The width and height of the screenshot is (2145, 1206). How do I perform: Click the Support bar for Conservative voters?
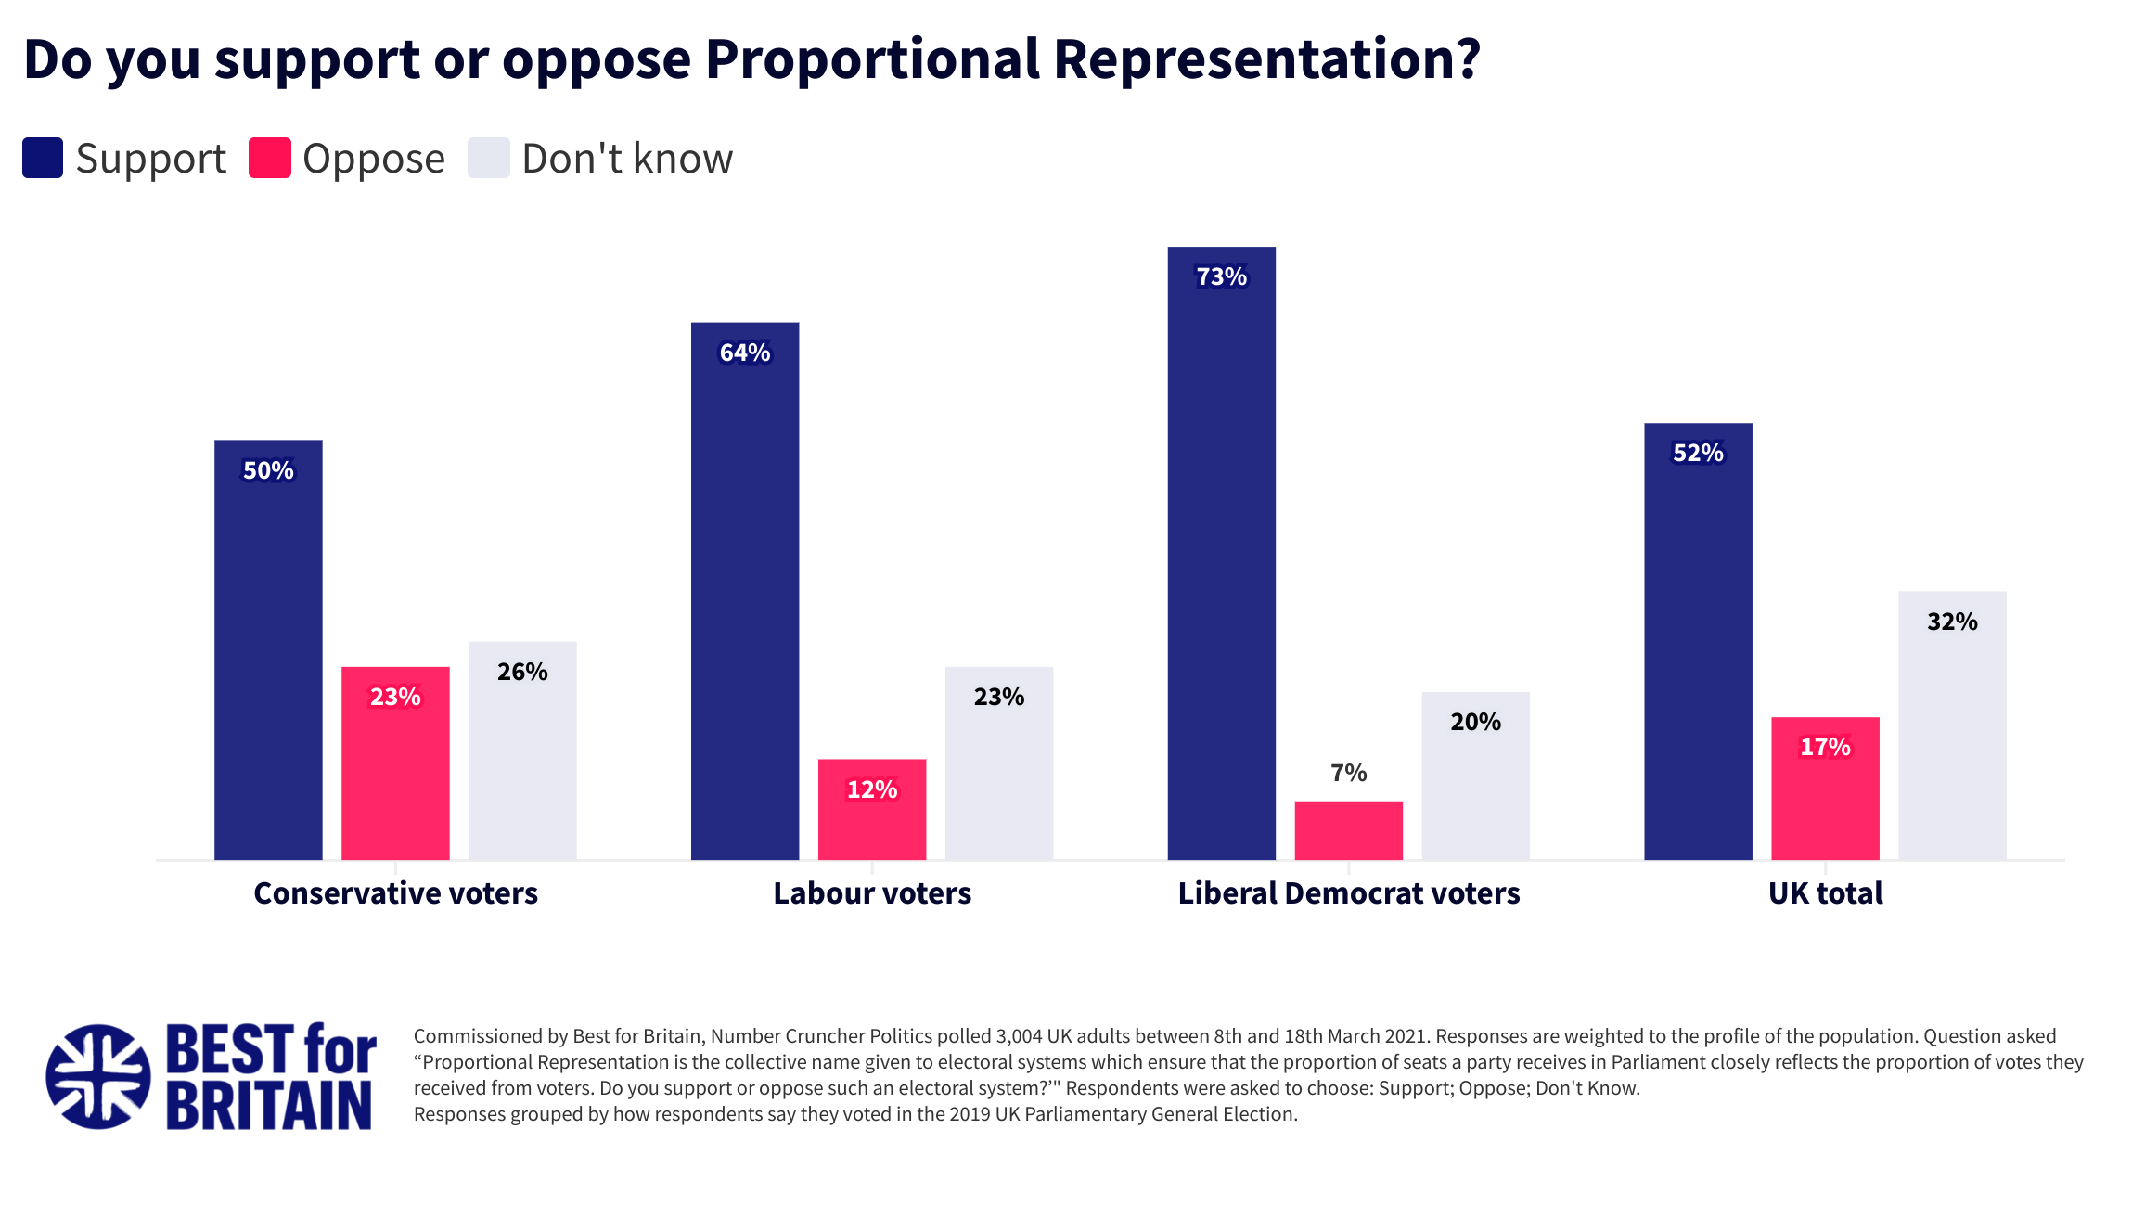coord(268,649)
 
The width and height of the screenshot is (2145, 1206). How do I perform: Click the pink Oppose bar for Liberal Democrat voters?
coord(1348,830)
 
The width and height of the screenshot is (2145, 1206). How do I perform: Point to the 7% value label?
coord(1348,773)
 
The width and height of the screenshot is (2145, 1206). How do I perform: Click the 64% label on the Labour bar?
coord(745,353)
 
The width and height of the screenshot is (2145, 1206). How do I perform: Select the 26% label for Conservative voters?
coord(522,672)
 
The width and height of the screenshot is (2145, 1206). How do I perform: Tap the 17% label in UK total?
coord(1825,747)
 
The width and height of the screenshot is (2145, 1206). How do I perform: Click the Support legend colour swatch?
coord(43,158)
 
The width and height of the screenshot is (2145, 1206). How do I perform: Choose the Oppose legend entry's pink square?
coord(270,158)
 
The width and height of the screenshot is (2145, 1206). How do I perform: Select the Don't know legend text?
coord(627,159)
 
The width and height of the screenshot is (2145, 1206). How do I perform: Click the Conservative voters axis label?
coord(395,892)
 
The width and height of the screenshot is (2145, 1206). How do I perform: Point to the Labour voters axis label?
coord(872,892)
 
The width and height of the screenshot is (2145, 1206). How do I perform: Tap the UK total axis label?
coord(1825,892)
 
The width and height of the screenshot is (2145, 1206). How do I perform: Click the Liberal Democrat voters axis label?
coord(1348,892)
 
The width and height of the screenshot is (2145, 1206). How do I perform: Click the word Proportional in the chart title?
coord(872,59)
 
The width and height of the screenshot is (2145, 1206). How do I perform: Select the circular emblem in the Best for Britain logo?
coord(98,1076)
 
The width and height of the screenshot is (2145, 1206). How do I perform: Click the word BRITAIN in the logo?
coord(269,1106)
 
